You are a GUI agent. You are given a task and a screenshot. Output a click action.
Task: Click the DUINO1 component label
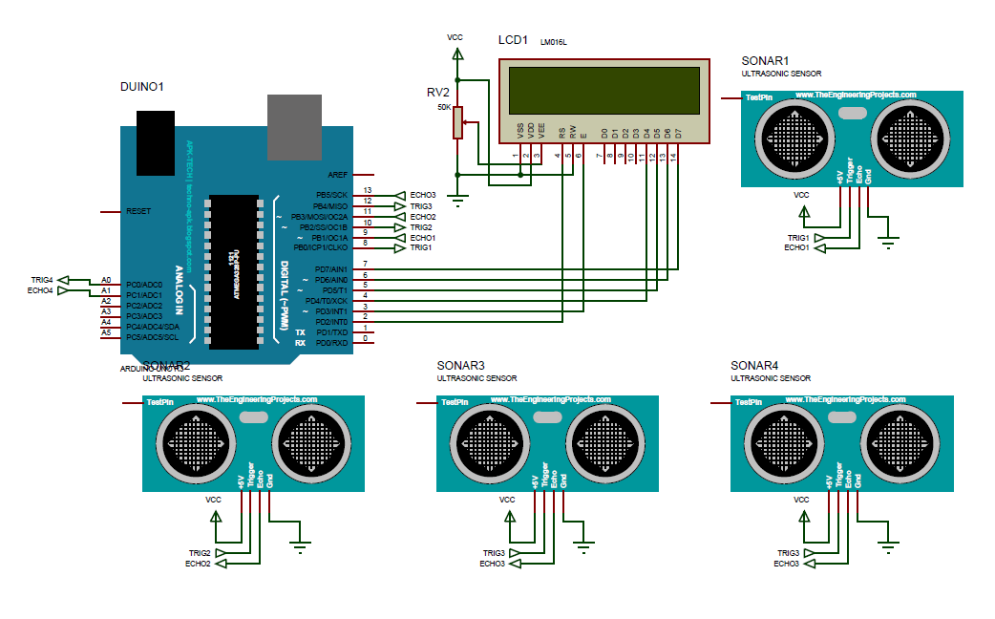pyautogui.click(x=142, y=86)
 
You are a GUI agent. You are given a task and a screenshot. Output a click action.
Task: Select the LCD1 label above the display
pyautogui.click(x=512, y=40)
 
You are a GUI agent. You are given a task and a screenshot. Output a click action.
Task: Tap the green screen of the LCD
pyautogui.click(x=603, y=89)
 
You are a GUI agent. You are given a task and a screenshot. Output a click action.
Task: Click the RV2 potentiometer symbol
pyautogui.click(x=458, y=123)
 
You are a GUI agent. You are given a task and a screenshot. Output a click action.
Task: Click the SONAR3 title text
pyautogui.click(x=461, y=366)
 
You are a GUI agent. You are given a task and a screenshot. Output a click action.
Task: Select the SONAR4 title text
pyautogui.click(x=754, y=366)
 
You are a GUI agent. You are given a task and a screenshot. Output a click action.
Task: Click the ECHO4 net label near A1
pyautogui.click(x=41, y=290)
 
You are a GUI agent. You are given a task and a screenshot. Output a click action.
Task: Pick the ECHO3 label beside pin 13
pyautogui.click(x=422, y=194)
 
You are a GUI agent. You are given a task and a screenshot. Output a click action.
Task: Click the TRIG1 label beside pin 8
pyautogui.click(x=421, y=247)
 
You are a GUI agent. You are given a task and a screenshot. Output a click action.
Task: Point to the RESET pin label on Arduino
pyautogui.click(x=138, y=210)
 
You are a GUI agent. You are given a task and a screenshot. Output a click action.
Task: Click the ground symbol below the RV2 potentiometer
pyautogui.click(x=458, y=202)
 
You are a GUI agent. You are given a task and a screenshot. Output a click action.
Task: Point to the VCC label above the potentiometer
pyautogui.click(x=455, y=37)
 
